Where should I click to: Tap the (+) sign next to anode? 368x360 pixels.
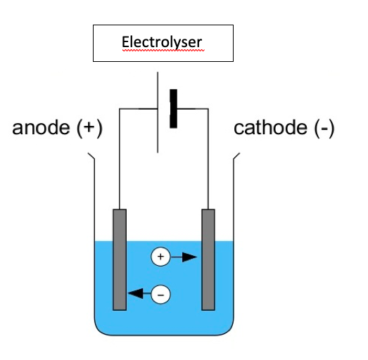(89, 129)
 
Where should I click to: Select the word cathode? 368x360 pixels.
(270, 129)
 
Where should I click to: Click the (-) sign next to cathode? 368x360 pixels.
(322, 129)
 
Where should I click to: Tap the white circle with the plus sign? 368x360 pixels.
(160, 258)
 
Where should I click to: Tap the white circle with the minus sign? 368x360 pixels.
(161, 293)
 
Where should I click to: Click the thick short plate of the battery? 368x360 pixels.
(172, 109)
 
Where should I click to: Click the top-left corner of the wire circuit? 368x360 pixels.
(120, 109)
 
